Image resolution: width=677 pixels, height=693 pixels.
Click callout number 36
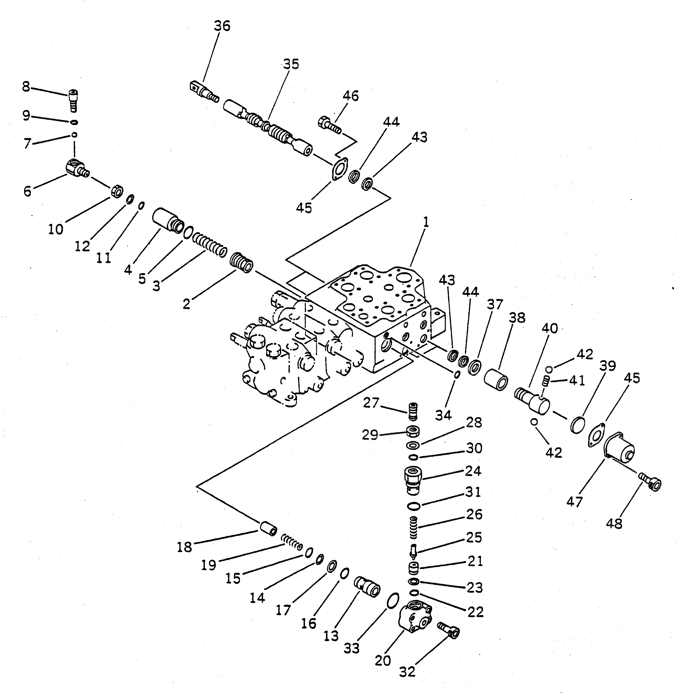[x=222, y=26]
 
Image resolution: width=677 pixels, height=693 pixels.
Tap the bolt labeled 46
[x=329, y=125]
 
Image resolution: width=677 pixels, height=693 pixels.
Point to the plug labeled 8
[x=73, y=100]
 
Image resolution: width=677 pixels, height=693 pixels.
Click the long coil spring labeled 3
[x=209, y=244]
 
